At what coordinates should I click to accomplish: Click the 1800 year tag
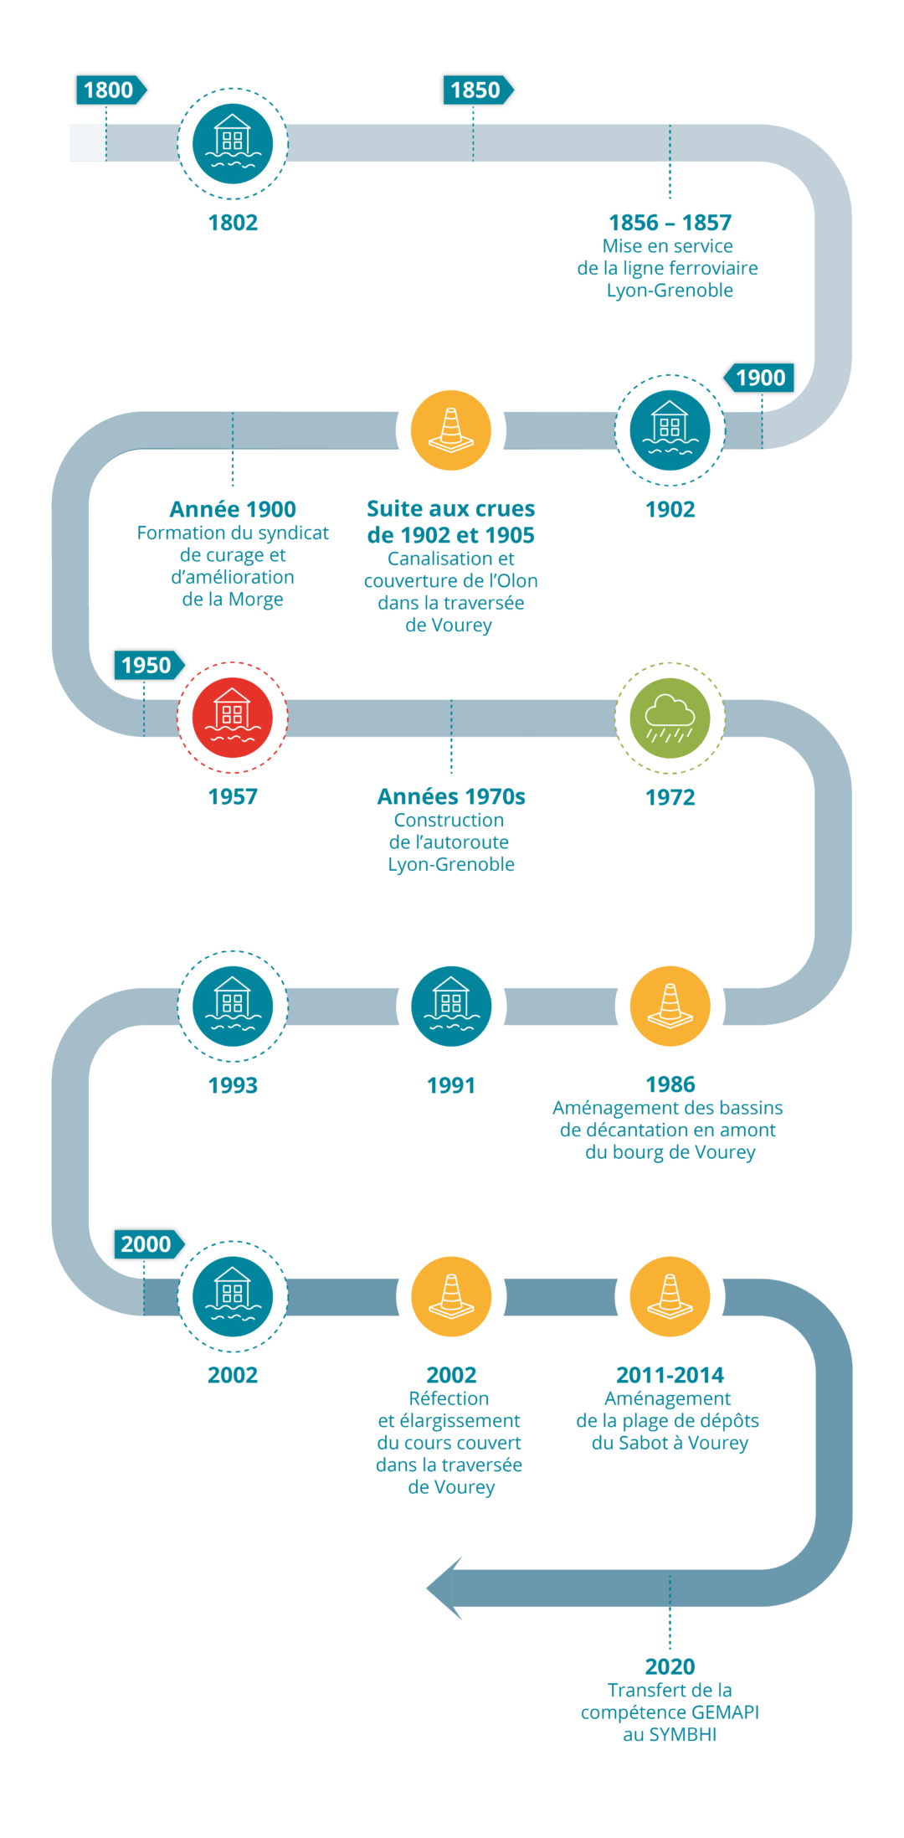pos(110,90)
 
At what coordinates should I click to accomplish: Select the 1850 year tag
pos(476,90)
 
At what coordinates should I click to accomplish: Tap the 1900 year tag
pos(760,378)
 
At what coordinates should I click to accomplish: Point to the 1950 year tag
pos(147,665)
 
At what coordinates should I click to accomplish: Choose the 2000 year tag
pos(147,1244)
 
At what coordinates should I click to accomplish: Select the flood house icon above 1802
pos(233,143)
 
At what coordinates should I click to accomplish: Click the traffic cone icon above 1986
pos(670,1006)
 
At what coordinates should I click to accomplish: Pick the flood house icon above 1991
pos(451,1006)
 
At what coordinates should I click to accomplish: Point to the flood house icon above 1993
pos(233,1006)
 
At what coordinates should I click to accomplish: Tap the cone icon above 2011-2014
pos(670,1296)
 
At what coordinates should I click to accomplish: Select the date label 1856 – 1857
pos(670,223)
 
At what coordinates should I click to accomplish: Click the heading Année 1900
pos(233,509)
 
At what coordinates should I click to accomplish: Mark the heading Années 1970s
pos(451,796)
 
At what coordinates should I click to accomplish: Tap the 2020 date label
pos(670,1666)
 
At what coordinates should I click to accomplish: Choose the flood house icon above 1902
pos(670,430)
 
